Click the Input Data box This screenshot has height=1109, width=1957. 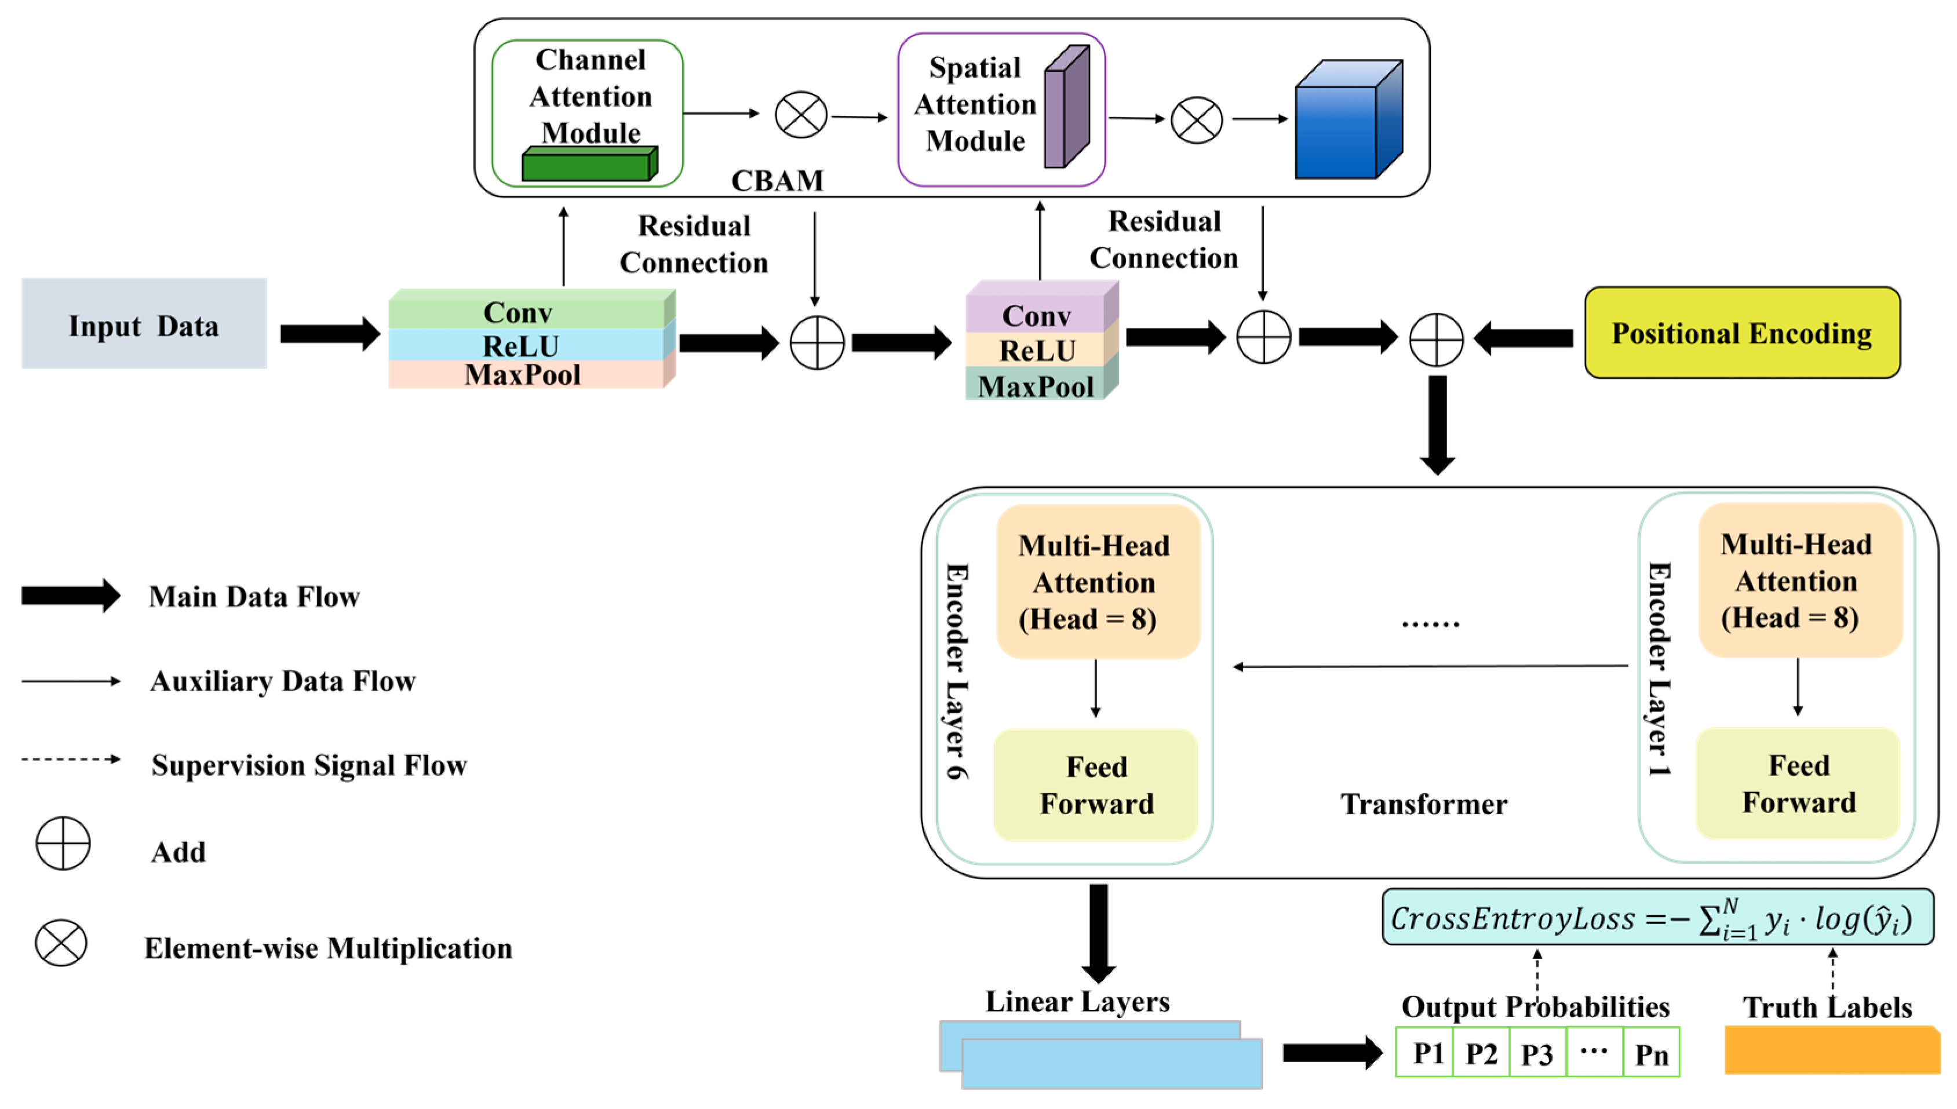(144, 324)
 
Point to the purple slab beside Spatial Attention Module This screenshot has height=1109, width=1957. (1065, 108)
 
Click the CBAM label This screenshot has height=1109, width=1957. (777, 181)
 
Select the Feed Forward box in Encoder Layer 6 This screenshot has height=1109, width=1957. (1095, 785)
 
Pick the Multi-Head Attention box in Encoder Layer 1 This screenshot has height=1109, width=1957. (1798, 581)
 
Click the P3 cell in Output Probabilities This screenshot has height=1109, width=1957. (1536, 1053)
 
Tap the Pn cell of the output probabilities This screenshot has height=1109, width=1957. (1651, 1053)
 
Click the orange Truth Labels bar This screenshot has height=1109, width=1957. (1831, 1051)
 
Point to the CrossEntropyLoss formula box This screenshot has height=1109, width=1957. (1657, 917)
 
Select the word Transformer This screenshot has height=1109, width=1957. (1423, 804)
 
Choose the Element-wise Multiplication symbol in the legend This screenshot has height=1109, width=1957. (61, 943)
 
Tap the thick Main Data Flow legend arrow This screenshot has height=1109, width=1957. (70, 596)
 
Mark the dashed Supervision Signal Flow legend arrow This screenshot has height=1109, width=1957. (70, 760)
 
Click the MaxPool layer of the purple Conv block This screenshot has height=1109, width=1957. (1036, 385)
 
